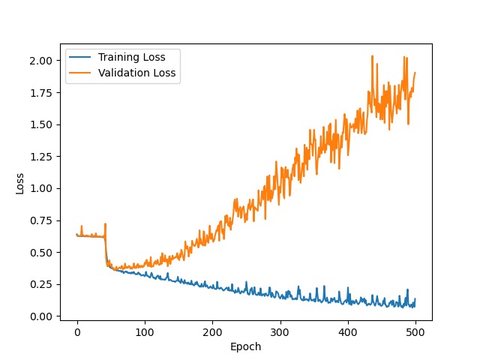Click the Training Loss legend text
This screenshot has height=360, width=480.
pos(132,57)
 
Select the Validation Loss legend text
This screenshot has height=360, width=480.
pos(136,73)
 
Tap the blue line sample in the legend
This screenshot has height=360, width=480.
pos(80,57)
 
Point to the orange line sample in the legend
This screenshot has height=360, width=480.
pos(80,73)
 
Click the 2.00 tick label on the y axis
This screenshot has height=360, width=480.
pos(41,61)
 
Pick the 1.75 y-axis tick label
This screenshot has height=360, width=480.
pos(41,93)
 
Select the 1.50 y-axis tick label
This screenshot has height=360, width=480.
pos(41,125)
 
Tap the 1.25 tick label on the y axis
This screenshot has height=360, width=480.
pos(41,157)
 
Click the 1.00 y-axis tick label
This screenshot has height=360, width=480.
pos(41,188)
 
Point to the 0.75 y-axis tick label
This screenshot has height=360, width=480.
pos(41,220)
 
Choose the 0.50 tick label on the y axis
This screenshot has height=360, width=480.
pos(41,253)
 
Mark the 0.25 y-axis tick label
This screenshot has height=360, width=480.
pos(41,285)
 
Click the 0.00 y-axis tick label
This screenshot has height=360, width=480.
pos(41,316)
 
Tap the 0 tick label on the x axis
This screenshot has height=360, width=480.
pos(77,332)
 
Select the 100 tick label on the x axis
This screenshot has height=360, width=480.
pos(145,332)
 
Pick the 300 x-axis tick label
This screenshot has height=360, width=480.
pos(280,332)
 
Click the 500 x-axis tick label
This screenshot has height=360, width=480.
pos(415,332)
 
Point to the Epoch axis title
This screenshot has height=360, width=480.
pos(246,346)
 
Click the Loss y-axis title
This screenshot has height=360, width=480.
pos(20,184)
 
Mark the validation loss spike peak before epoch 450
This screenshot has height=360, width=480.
pos(372,56)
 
